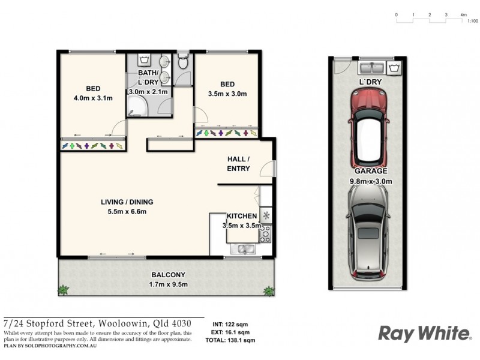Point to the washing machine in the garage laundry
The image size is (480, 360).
pos(395,67)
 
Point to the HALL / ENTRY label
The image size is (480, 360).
pos(238,164)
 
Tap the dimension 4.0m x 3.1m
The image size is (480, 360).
pos(92,98)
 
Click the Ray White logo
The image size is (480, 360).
pos(424,333)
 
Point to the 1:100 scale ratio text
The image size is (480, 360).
pos(472,21)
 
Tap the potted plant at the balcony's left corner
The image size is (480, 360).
pos(63,291)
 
